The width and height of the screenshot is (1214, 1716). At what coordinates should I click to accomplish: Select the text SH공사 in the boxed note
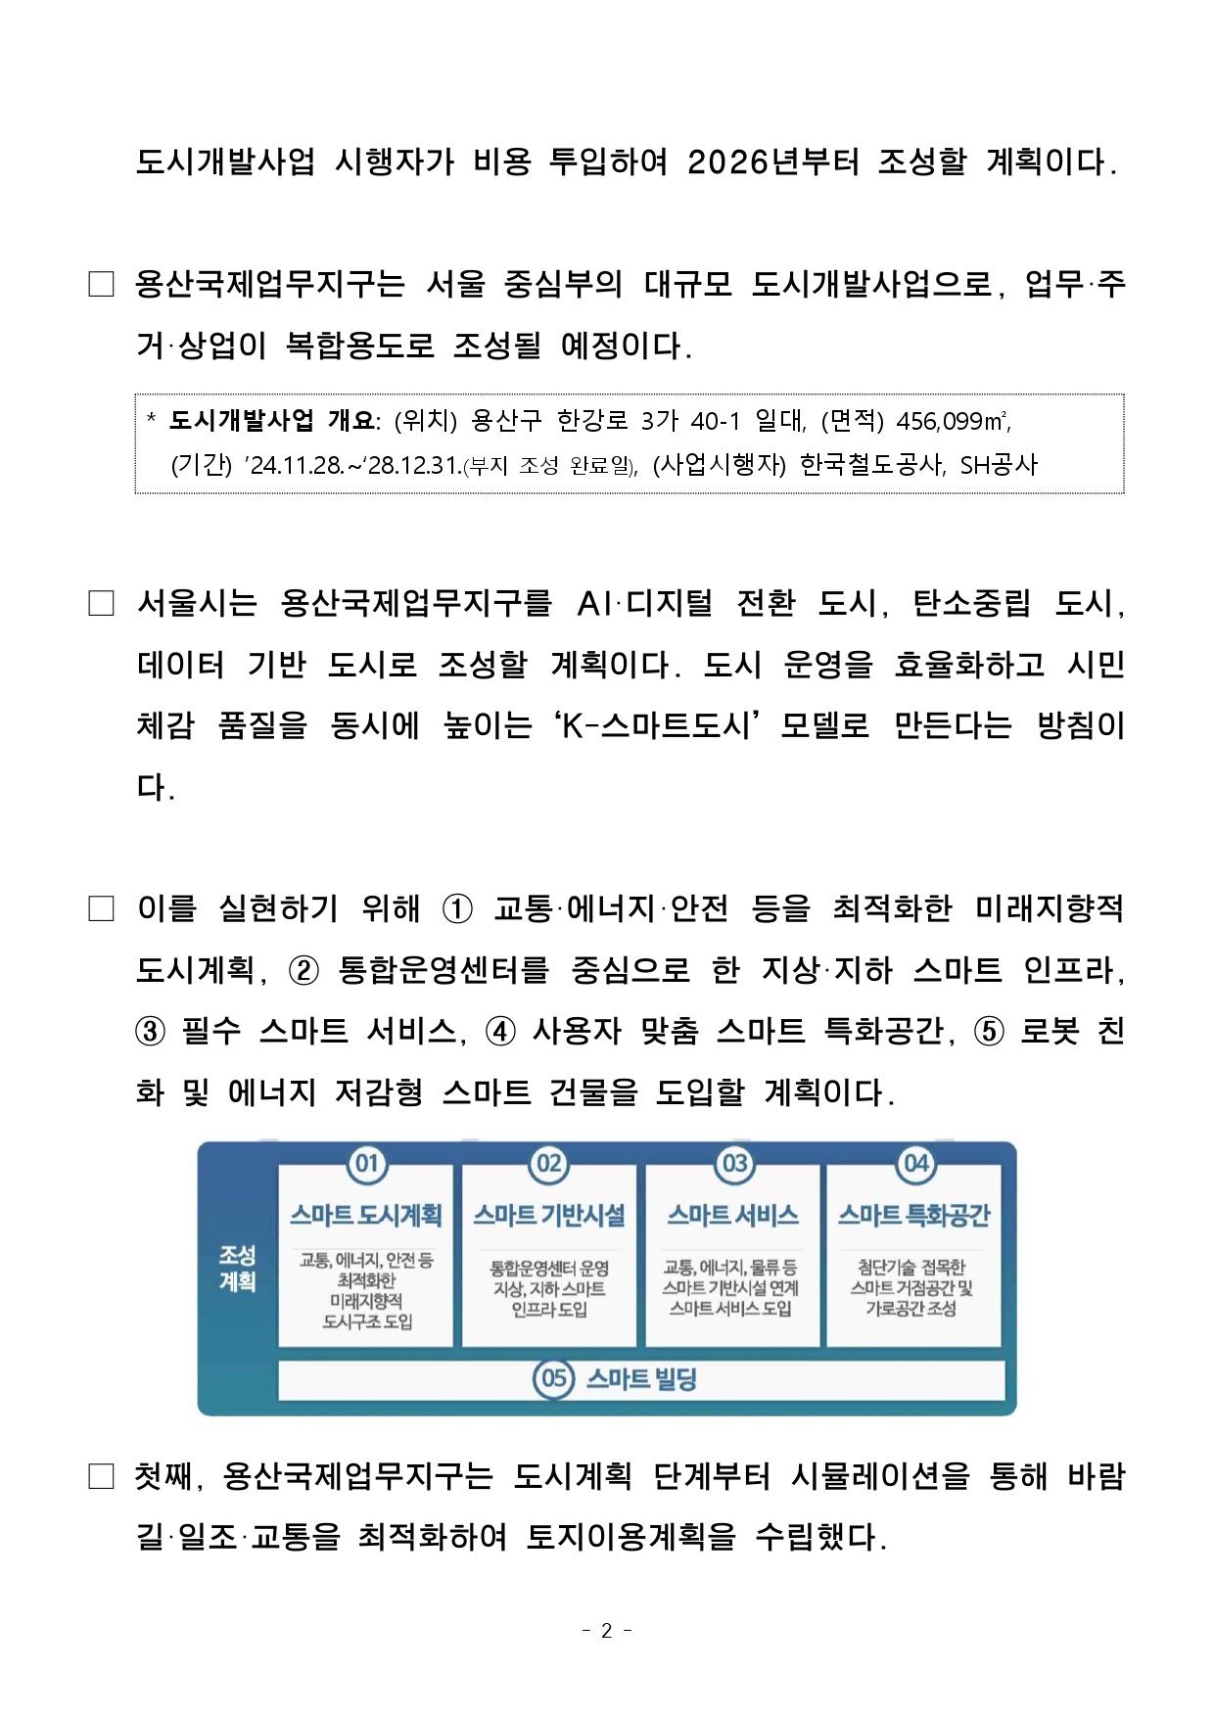coord(998,465)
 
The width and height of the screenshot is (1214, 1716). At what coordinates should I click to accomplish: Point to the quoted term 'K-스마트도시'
coord(657,725)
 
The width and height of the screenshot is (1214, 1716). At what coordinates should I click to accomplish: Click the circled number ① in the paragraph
coord(457,909)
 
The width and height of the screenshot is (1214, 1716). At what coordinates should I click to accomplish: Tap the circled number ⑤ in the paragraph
coord(989,1032)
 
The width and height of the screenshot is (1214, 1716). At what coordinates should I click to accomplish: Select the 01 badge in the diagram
coord(367,1163)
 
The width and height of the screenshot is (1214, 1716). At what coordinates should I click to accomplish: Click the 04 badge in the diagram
coord(915,1163)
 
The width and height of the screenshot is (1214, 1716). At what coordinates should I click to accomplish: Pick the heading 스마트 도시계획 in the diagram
coord(366,1215)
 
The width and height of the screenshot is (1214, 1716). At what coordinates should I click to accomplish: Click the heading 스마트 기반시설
coord(549,1215)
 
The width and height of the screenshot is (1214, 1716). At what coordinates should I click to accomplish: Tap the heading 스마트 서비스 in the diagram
coord(732,1215)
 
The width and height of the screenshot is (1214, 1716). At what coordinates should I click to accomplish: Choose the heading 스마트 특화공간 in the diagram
coord(913,1215)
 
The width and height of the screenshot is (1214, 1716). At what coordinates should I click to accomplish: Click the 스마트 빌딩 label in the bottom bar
coord(641,1379)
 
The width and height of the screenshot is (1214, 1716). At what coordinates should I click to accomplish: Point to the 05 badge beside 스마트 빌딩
coord(553,1379)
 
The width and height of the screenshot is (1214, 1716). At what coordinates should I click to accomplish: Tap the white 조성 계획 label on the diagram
coord(237,1268)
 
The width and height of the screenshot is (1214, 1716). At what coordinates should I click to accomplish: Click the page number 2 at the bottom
coord(606,1630)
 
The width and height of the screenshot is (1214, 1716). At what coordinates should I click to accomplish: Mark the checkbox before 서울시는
coord(101,603)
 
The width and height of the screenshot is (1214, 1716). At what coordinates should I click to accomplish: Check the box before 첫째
coord(101,1476)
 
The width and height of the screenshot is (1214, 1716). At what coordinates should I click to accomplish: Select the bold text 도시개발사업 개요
coord(271,421)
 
